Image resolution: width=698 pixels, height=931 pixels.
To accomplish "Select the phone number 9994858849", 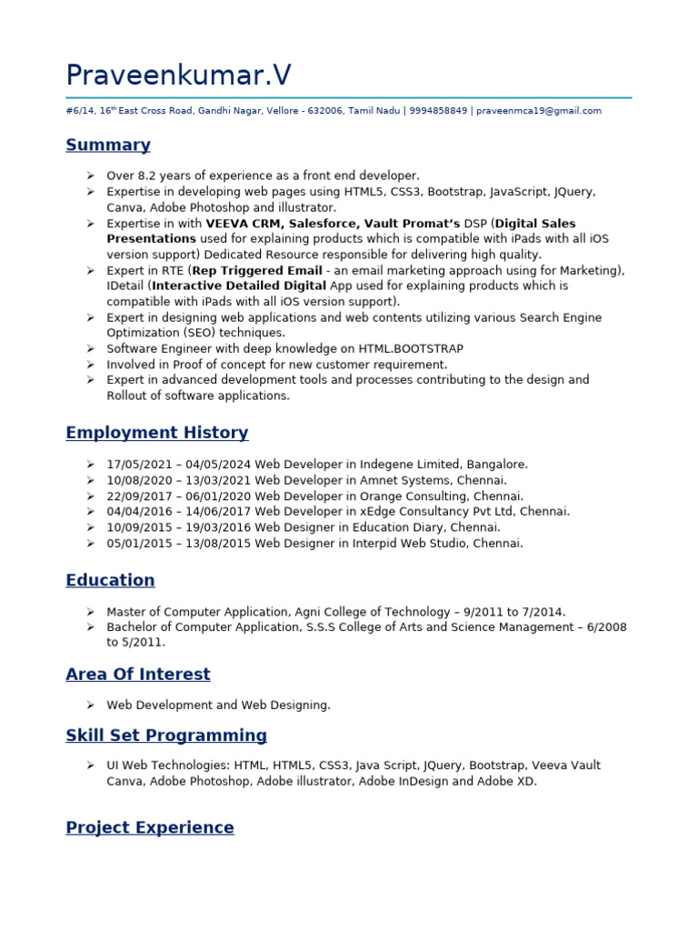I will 438,111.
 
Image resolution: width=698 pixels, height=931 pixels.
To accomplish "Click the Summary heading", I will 108,145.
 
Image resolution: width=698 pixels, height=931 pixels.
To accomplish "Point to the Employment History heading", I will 156,433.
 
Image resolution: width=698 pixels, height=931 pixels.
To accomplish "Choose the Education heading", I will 110,580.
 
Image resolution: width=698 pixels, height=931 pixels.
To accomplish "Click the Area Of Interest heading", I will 137,674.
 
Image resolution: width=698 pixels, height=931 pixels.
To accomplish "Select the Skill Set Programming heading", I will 166,735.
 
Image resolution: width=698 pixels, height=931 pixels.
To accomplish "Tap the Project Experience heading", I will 149,827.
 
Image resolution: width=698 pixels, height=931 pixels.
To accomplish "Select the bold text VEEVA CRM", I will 244,224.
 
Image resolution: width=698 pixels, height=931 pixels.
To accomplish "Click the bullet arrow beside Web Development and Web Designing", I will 91,705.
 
